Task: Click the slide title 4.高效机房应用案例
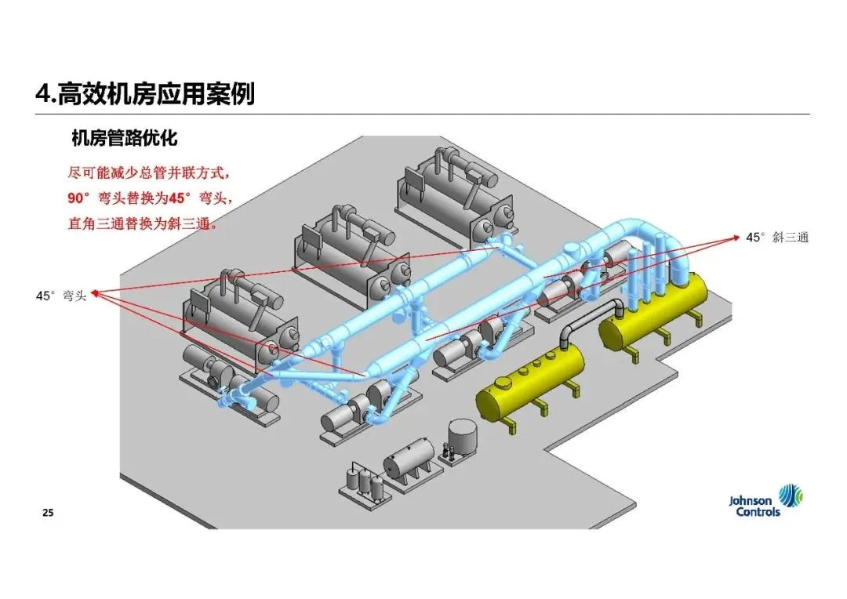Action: click(x=145, y=94)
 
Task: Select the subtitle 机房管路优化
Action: click(x=124, y=140)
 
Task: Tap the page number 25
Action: click(x=48, y=513)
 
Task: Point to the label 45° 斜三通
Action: click(x=776, y=237)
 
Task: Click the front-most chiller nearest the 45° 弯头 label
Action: click(x=239, y=314)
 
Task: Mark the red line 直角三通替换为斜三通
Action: click(x=141, y=223)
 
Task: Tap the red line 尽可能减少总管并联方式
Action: click(x=149, y=172)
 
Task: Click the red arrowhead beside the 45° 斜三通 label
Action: click(x=735, y=235)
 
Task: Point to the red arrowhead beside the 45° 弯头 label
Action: click(x=96, y=294)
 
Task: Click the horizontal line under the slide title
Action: click(x=423, y=114)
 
